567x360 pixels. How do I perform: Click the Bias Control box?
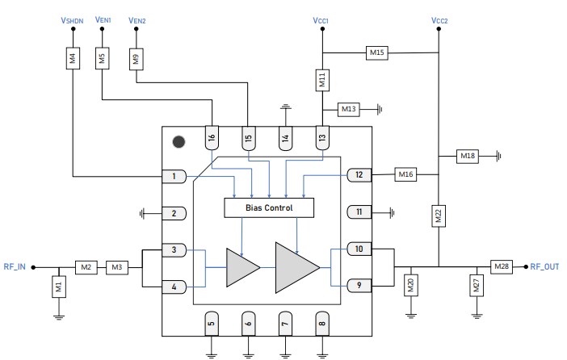tap(268, 207)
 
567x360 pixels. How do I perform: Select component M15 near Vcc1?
tap(377, 52)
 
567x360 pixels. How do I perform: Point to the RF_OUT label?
tap(544, 266)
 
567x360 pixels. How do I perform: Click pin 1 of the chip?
tap(174, 176)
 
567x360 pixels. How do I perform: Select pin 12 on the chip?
tap(359, 174)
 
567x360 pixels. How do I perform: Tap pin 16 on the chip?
tap(212, 138)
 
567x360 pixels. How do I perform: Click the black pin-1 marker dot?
tap(178, 141)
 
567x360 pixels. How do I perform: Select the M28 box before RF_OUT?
tap(502, 266)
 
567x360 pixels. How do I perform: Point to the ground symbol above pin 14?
tap(284, 107)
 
